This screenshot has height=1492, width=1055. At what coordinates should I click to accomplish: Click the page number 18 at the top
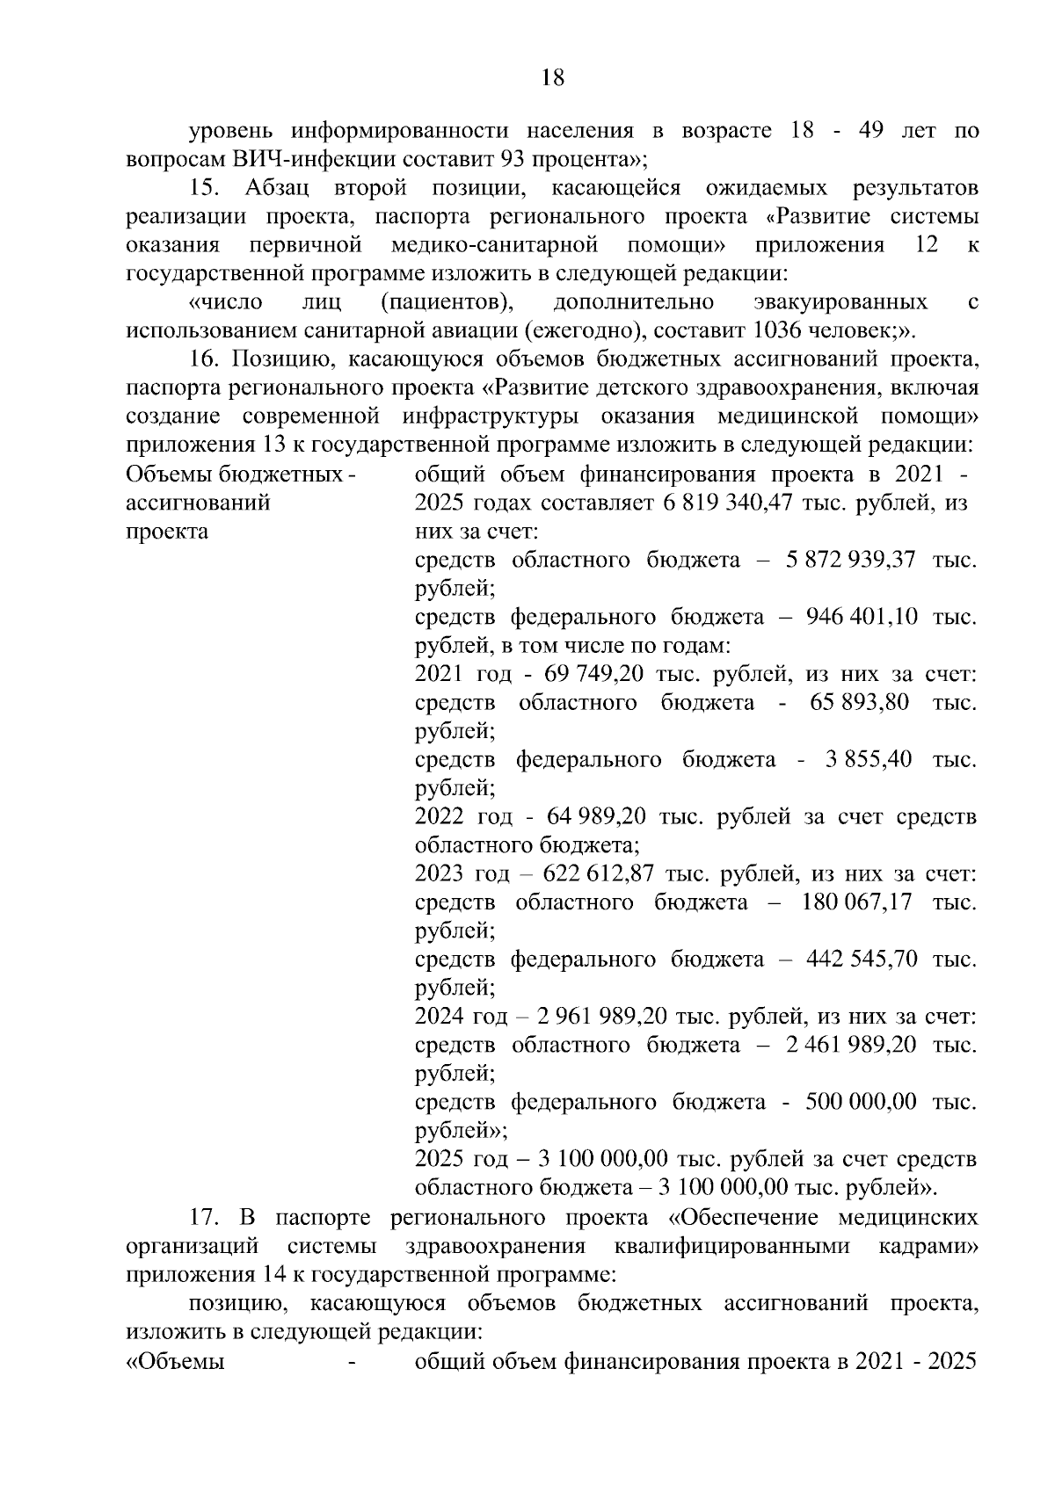pyautogui.click(x=552, y=77)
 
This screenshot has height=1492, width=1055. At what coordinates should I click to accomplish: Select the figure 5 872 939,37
pyautogui.click(x=853, y=560)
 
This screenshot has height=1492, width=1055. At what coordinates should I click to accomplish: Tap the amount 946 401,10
pyautogui.click(x=862, y=617)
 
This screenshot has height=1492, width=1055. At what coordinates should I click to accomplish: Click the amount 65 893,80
pyautogui.click(x=854, y=702)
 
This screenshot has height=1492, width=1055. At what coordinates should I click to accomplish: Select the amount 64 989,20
pyautogui.click(x=596, y=816)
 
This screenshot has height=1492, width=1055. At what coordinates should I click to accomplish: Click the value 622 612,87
pyautogui.click(x=599, y=874)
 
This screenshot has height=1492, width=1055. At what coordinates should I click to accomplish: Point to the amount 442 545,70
pyautogui.click(x=862, y=959)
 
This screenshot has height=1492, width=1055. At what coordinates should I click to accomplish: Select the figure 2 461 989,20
pyautogui.click(x=853, y=1045)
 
